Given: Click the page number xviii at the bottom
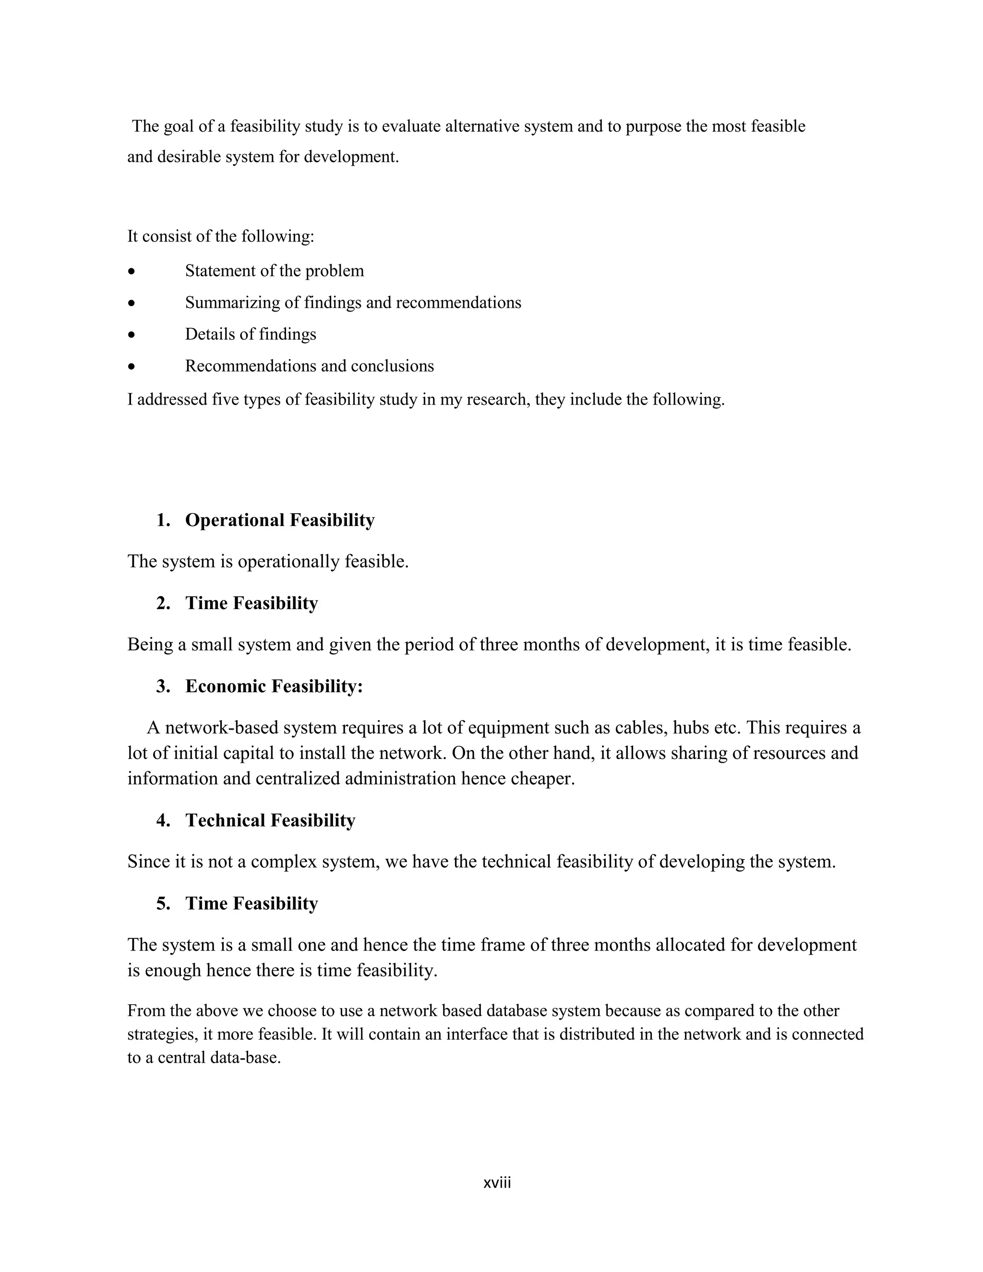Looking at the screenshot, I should pos(497,1183).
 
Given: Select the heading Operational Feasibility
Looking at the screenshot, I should pos(279,520).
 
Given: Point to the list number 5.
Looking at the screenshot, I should pos(163,903).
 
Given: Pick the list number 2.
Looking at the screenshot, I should pos(163,603).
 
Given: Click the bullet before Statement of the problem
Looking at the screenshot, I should pos(132,271).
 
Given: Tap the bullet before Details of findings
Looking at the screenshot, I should pos(132,335).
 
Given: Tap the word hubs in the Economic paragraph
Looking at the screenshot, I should pos(691,728).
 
